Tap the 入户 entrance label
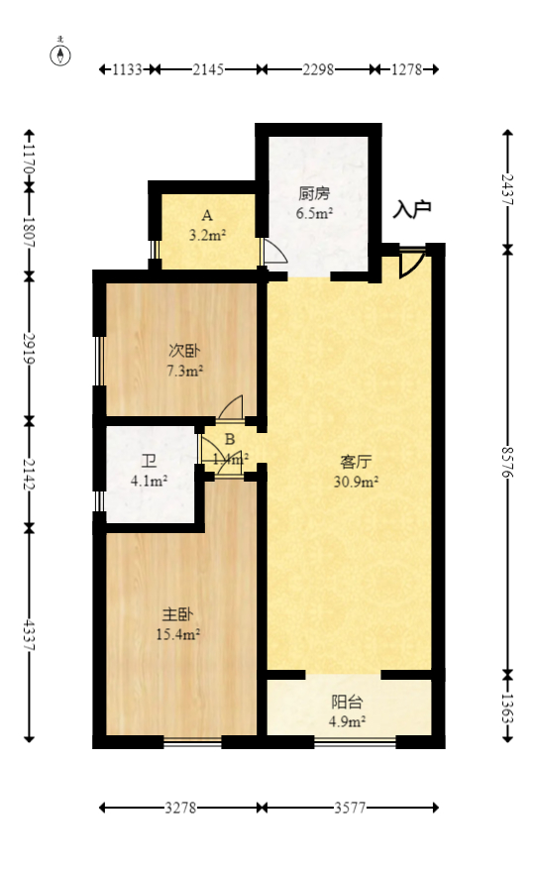pyautogui.click(x=412, y=209)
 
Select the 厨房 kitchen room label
pyautogui.click(x=314, y=194)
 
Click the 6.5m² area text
pyautogui.click(x=314, y=212)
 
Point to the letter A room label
pyautogui.click(x=207, y=215)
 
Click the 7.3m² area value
pyautogui.click(x=184, y=371)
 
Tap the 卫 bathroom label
pyautogui.click(x=149, y=462)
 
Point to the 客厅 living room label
pyautogui.click(x=356, y=462)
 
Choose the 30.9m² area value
pyautogui.click(x=356, y=482)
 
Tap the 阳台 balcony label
pyautogui.click(x=347, y=702)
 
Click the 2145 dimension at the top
pyautogui.click(x=209, y=69)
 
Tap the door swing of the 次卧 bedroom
pyautogui.click(x=231, y=407)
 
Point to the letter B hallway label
pyautogui.click(x=229, y=440)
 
